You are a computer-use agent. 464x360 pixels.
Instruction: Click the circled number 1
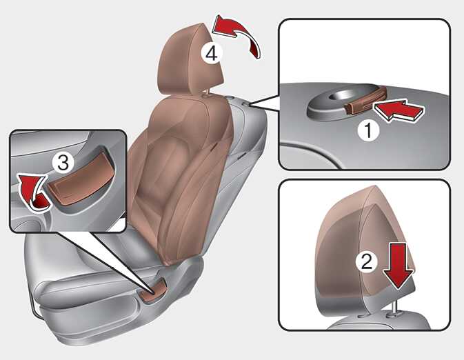click(368, 130)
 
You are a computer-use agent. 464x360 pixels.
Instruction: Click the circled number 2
click(367, 261)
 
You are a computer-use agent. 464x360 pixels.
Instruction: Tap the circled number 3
click(63, 163)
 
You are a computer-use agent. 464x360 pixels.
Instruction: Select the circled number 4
click(212, 54)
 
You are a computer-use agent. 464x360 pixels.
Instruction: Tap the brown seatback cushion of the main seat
click(181, 178)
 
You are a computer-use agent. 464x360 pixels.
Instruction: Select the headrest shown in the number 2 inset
click(365, 252)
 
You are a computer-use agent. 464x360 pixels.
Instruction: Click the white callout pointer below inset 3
click(107, 261)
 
